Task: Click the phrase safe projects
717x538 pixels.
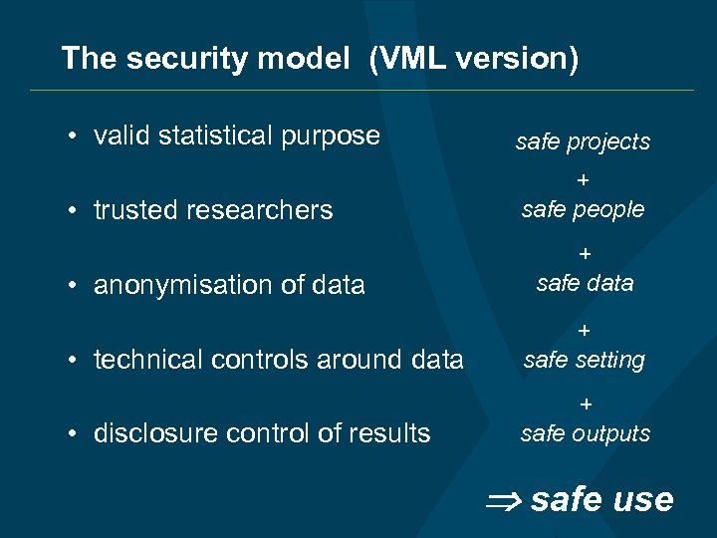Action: [x=583, y=142]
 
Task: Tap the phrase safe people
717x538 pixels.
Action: [x=583, y=209]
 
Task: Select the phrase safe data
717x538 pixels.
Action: [x=585, y=283]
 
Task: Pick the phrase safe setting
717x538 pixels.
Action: [x=584, y=359]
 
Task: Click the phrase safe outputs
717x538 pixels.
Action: [x=585, y=433]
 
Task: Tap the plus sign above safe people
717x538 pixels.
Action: [x=584, y=180]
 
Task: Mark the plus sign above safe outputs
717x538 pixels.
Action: [x=586, y=404]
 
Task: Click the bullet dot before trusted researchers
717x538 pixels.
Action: [x=75, y=210]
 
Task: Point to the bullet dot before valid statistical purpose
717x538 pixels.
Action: [x=75, y=135]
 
